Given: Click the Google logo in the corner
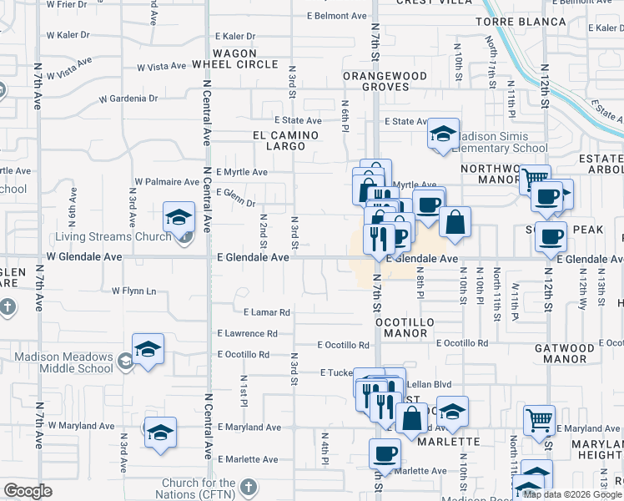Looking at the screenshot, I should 28,490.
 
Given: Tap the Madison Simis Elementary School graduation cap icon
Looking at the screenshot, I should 443,134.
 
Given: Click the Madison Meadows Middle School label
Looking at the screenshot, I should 63,362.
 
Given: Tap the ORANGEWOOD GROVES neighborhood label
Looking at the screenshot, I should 385,81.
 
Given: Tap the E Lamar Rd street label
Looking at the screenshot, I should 266,312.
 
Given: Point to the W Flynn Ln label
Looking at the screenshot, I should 133,291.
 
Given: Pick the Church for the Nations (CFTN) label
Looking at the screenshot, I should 199,488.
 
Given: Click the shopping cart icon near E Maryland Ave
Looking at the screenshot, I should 539,420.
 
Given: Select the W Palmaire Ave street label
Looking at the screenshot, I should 167,181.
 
